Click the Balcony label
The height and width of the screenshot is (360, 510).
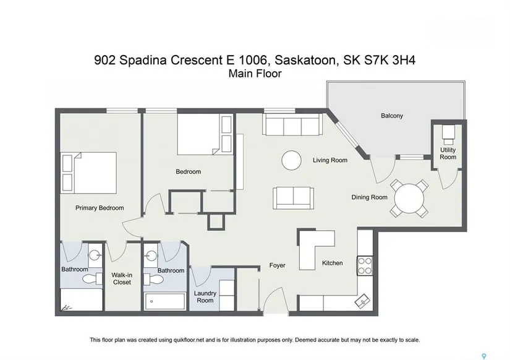tap(391, 116)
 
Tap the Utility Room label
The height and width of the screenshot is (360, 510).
tap(448, 153)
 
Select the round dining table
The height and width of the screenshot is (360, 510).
tap(409, 198)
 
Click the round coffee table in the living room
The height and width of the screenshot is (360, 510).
tap(291, 160)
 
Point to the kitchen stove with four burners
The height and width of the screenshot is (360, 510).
tap(365, 266)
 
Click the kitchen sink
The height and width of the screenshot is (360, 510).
tap(362, 301)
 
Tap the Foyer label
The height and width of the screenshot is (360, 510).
tap(277, 265)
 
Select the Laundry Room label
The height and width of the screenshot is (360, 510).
tap(205, 296)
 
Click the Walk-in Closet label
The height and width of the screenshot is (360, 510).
tap(122, 278)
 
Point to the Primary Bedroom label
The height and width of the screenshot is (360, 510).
tap(100, 208)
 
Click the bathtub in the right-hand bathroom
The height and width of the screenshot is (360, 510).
tap(165, 301)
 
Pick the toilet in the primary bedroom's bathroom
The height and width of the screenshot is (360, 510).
tap(92, 278)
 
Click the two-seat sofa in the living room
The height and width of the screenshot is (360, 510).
tap(294, 198)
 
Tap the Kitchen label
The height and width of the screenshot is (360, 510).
tap(332, 263)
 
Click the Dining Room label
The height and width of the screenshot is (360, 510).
tap(369, 197)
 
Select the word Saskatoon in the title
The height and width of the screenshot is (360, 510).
tap(305, 60)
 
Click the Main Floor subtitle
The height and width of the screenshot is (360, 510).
tap(255, 74)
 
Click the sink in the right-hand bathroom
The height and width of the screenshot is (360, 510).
tap(151, 255)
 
